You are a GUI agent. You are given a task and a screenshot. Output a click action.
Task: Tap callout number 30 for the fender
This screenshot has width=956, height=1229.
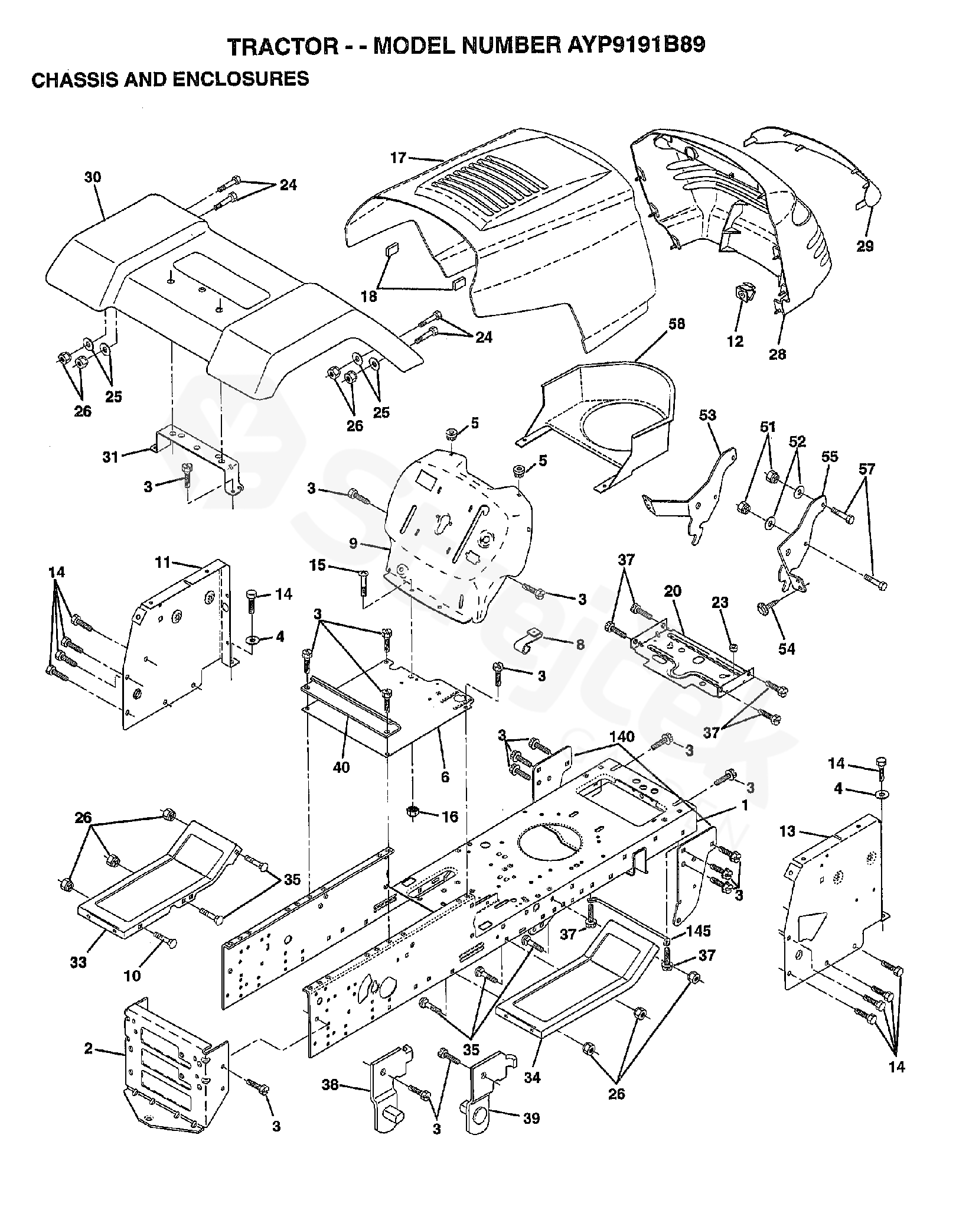pyautogui.click(x=93, y=177)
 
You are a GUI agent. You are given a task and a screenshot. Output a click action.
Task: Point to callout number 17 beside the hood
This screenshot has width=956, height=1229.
pyautogui.click(x=398, y=158)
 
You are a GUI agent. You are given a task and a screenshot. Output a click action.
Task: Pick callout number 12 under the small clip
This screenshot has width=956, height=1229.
pyautogui.click(x=736, y=342)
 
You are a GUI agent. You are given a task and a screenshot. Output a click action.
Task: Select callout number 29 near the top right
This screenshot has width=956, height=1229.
pyautogui.click(x=865, y=246)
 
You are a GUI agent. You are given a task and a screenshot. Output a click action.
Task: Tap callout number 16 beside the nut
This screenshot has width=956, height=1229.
pyautogui.click(x=450, y=817)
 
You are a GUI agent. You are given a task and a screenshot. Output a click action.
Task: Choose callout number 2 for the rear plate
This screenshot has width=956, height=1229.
pyautogui.click(x=89, y=1049)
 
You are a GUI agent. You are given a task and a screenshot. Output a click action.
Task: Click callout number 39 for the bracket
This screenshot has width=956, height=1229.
pyautogui.click(x=531, y=1119)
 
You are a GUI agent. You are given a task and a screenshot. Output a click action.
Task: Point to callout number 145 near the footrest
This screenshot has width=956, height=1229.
pyautogui.click(x=699, y=931)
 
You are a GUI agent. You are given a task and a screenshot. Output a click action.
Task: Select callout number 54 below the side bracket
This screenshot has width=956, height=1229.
pyautogui.click(x=787, y=649)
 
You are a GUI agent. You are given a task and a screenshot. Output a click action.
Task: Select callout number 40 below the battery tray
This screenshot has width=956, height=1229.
pyautogui.click(x=341, y=767)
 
